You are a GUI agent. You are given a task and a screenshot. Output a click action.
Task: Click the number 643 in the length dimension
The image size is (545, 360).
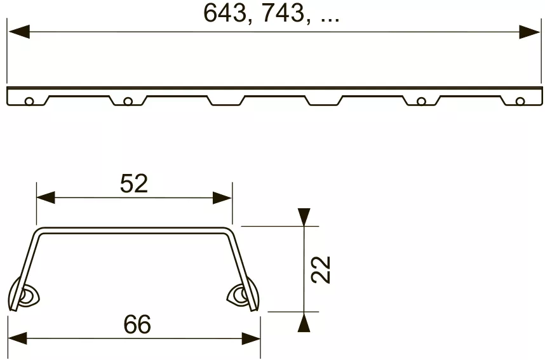click(224, 13)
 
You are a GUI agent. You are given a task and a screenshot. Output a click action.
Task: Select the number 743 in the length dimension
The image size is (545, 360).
click(283, 13)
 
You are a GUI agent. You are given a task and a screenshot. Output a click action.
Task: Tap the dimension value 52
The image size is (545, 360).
click(134, 183)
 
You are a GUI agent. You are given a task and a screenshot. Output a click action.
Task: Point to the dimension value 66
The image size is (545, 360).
click(137, 324)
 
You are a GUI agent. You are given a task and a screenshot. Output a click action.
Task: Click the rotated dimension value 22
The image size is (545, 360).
click(321, 270)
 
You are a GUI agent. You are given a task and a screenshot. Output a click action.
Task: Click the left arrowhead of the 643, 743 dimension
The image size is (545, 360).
click(19, 32)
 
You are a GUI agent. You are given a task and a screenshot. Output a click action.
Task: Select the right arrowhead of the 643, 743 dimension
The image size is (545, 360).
click(529, 32)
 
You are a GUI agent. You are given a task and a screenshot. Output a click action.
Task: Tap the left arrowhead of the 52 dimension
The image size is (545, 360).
click(46, 197)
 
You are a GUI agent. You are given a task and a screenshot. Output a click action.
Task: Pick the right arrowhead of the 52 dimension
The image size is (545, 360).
click(222, 197)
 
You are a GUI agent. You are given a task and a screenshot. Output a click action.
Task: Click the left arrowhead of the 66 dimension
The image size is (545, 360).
click(17, 338)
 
